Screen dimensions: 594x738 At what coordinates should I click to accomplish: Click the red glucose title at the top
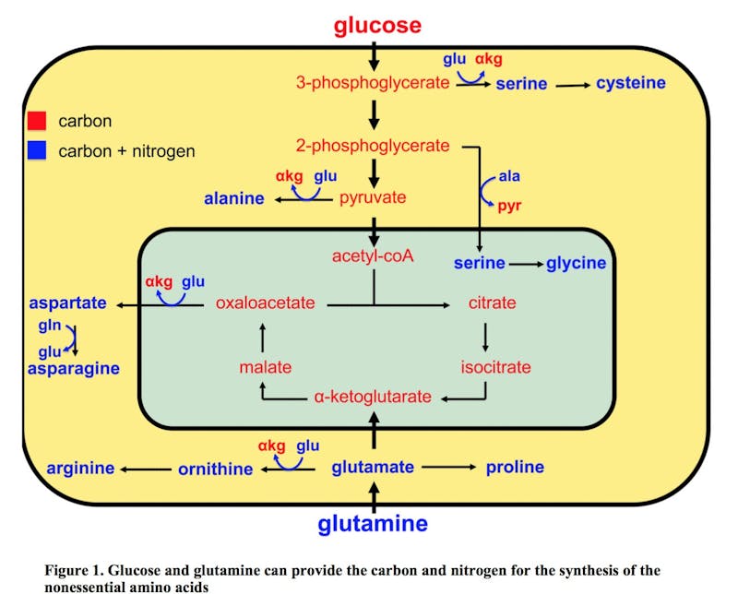pos(377,25)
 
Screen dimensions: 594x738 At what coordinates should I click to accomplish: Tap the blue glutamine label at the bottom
pos(373,524)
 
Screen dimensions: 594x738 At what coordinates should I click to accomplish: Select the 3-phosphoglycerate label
pos(373,83)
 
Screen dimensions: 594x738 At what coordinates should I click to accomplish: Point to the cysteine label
pos(630,83)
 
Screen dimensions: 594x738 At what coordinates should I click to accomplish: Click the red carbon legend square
pos(37,121)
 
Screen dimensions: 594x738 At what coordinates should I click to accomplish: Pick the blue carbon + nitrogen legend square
pos(37,150)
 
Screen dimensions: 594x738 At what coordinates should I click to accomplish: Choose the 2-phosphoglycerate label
pos(373,146)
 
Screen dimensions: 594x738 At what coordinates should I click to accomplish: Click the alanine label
pos(234,198)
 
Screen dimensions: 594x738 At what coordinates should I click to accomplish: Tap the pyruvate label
pos(373,197)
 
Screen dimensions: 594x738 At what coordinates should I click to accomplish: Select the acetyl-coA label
pos(373,255)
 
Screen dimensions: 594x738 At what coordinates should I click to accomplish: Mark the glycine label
pos(576,264)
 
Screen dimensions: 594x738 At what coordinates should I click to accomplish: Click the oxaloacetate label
pos(266,303)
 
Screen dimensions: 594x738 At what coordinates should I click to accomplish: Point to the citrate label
pos(492,303)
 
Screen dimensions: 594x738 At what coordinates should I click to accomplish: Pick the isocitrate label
pos(496,367)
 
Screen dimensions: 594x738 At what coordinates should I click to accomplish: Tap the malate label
pos(265,367)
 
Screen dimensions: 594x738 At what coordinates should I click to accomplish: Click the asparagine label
pos(73,368)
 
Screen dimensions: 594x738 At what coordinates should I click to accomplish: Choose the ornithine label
pos(215,469)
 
